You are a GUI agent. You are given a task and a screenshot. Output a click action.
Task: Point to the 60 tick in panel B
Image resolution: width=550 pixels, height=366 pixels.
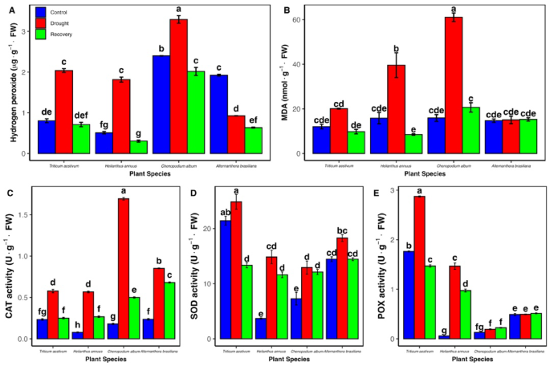point(298,19)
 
